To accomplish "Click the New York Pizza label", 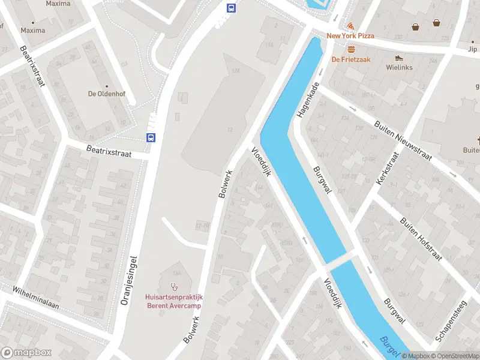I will (x=350, y=36).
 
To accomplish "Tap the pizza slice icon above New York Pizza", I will (x=350, y=26).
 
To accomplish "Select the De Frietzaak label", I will (x=351, y=59).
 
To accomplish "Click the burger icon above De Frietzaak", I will (x=351, y=49).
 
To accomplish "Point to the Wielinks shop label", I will (x=399, y=67).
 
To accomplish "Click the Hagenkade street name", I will (x=307, y=100).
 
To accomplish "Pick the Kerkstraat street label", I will (x=387, y=167).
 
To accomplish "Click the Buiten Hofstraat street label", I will (x=422, y=238).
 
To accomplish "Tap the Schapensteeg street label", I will (x=451, y=321).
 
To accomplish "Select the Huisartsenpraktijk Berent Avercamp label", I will (x=173, y=301).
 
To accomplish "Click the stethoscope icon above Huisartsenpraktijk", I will (x=175, y=286).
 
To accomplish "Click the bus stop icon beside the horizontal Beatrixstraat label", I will (x=151, y=137).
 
